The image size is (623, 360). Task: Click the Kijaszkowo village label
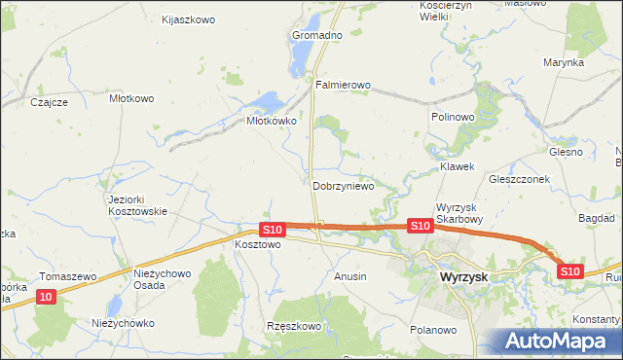(x=188, y=19)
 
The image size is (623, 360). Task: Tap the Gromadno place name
(x=317, y=35)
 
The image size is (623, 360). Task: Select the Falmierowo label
(x=343, y=85)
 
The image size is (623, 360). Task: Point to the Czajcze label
(x=49, y=102)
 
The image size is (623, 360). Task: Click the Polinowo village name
(x=452, y=116)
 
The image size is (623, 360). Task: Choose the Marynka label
(x=564, y=62)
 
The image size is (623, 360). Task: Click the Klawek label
(x=457, y=166)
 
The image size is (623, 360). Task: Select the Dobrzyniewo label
(x=343, y=186)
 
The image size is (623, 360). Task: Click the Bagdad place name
(x=596, y=217)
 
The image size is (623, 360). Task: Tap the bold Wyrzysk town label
(x=457, y=276)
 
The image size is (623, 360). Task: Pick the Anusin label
(x=350, y=276)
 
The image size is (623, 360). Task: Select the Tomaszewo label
(x=67, y=276)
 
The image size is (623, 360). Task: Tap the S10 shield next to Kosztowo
(x=272, y=230)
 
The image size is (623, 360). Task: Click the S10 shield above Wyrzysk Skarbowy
(x=420, y=226)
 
